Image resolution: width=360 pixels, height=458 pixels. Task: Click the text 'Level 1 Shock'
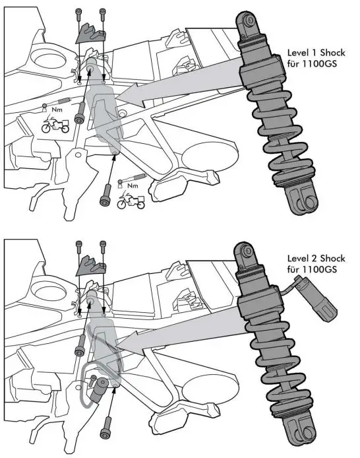click(316, 53)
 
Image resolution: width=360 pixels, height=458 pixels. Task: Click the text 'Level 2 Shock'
click(316, 259)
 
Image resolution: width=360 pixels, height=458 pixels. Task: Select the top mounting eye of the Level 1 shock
click(249, 22)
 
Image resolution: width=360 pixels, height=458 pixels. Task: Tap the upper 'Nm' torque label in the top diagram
click(57, 110)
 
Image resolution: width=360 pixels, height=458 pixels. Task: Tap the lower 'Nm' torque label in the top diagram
click(133, 185)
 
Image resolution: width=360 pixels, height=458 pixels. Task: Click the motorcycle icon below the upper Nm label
click(55, 125)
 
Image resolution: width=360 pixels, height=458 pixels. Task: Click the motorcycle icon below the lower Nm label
click(131, 201)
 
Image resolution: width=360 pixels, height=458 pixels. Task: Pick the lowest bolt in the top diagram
click(105, 195)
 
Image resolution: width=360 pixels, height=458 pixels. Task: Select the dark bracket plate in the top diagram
click(90, 34)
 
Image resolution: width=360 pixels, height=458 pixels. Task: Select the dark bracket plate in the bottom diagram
click(90, 266)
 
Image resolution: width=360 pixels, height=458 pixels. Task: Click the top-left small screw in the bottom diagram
click(78, 247)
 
